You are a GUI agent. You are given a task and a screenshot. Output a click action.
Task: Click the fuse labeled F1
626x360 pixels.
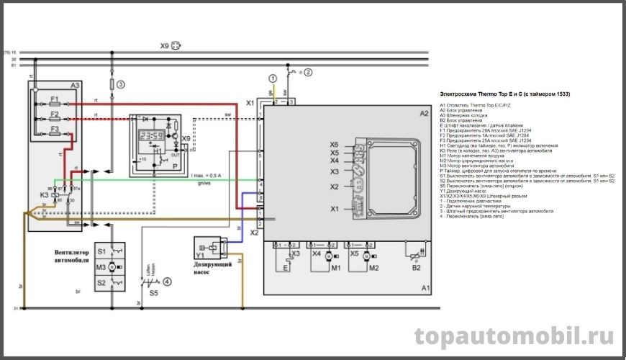point(55,99)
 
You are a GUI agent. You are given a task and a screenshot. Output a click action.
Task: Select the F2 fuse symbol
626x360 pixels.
point(55,115)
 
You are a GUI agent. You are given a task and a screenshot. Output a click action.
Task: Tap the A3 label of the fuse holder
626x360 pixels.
point(75,86)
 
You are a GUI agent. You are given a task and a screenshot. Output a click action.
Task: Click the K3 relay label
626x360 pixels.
point(44,195)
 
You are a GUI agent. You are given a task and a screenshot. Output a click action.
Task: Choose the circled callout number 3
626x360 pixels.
point(121,84)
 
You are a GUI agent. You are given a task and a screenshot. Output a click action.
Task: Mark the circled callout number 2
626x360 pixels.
point(308,72)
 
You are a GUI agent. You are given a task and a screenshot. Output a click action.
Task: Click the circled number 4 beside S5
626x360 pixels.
point(167,282)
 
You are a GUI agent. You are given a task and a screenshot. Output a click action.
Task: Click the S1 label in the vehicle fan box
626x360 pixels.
point(101,252)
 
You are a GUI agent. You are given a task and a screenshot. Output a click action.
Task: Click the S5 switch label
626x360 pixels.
point(153,294)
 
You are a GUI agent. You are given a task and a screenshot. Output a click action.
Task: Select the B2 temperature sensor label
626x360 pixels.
point(416,268)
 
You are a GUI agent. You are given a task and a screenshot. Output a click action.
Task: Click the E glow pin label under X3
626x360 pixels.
point(285,268)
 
